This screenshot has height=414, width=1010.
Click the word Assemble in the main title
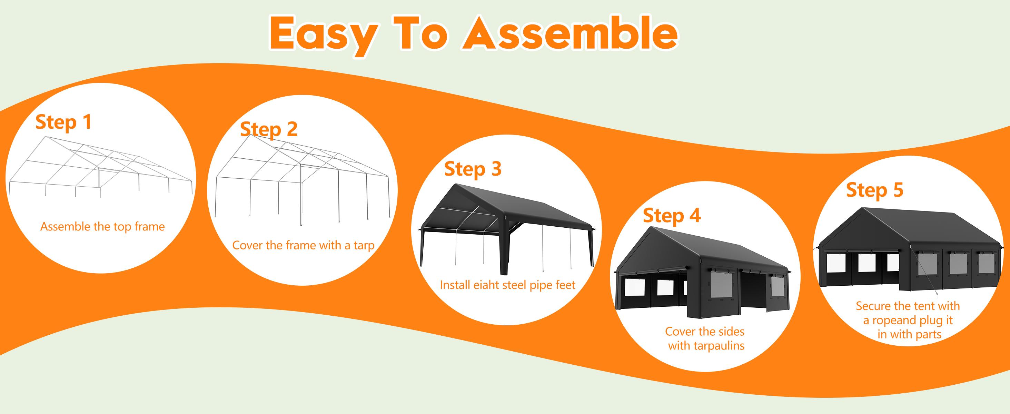tap(571, 34)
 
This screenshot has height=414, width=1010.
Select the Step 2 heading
tap(269, 130)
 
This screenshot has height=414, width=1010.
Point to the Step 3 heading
tap(473, 169)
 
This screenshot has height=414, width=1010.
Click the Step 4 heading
tap(672, 216)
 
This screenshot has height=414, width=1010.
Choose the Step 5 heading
tap(874, 190)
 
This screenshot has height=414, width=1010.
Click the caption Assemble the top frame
tap(102, 227)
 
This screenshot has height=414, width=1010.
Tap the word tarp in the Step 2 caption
tap(364, 246)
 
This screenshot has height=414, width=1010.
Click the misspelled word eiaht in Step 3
tap(485, 285)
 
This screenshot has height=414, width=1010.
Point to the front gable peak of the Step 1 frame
tap(46, 137)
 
